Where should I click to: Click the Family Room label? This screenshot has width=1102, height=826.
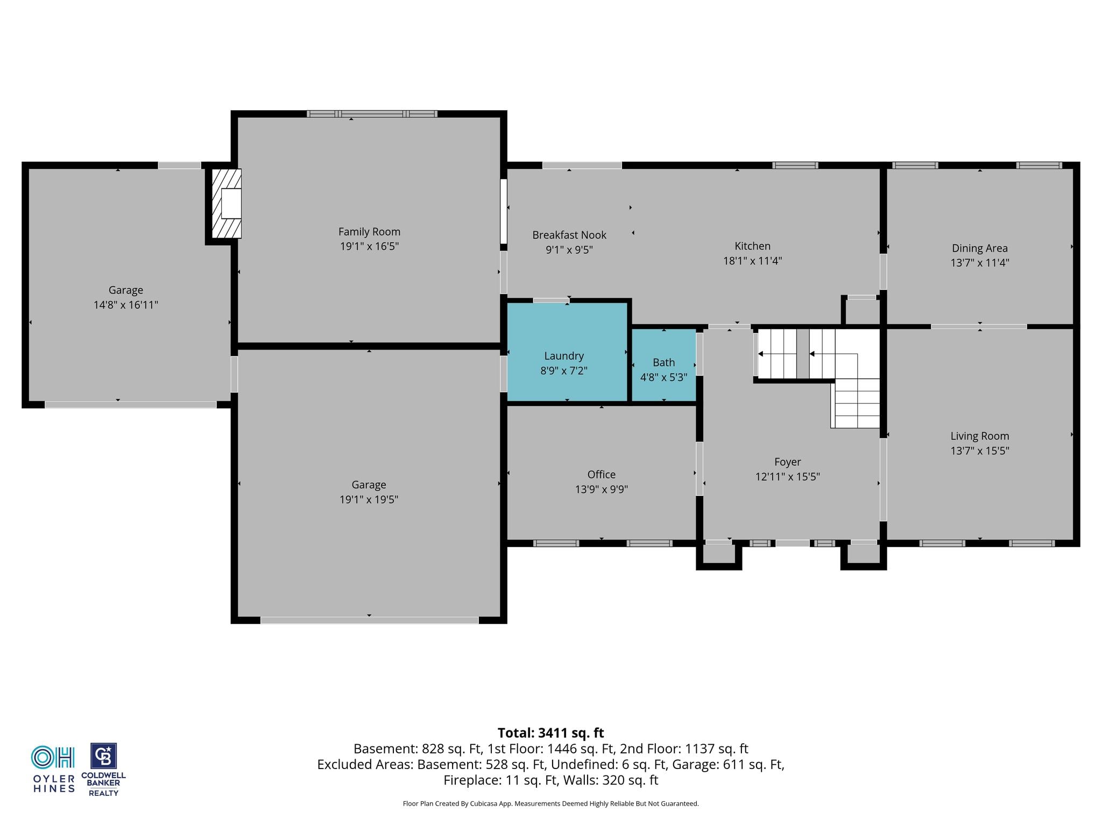pos(369,232)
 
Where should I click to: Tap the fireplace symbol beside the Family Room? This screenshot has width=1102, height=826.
pos(227,203)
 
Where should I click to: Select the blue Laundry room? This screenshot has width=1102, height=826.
pos(567,352)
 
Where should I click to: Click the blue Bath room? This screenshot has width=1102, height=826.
pos(664,365)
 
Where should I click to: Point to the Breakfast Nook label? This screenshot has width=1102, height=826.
pos(569,235)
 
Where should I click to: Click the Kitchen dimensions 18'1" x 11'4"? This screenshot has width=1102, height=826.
pos(752,261)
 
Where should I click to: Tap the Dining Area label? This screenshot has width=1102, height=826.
pos(979,248)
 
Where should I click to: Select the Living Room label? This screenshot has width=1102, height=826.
pos(979,436)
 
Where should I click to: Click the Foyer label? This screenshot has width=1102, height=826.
pos(788,462)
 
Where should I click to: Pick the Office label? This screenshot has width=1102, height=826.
pos(602,474)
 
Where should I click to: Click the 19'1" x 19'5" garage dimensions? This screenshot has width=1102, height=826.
pos(369,500)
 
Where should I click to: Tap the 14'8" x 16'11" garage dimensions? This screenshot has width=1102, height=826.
pos(126,305)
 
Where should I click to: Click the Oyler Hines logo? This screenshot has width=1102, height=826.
pos(54,769)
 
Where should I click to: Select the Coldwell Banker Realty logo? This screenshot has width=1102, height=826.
pos(103,770)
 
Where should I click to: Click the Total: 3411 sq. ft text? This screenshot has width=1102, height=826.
pos(550,733)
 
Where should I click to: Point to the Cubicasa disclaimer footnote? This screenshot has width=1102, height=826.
pos(550,804)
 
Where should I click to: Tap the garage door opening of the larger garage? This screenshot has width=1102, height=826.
pos(370,620)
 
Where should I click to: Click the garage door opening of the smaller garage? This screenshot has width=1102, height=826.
pos(131,404)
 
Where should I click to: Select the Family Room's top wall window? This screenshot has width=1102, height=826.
pos(372,113)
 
